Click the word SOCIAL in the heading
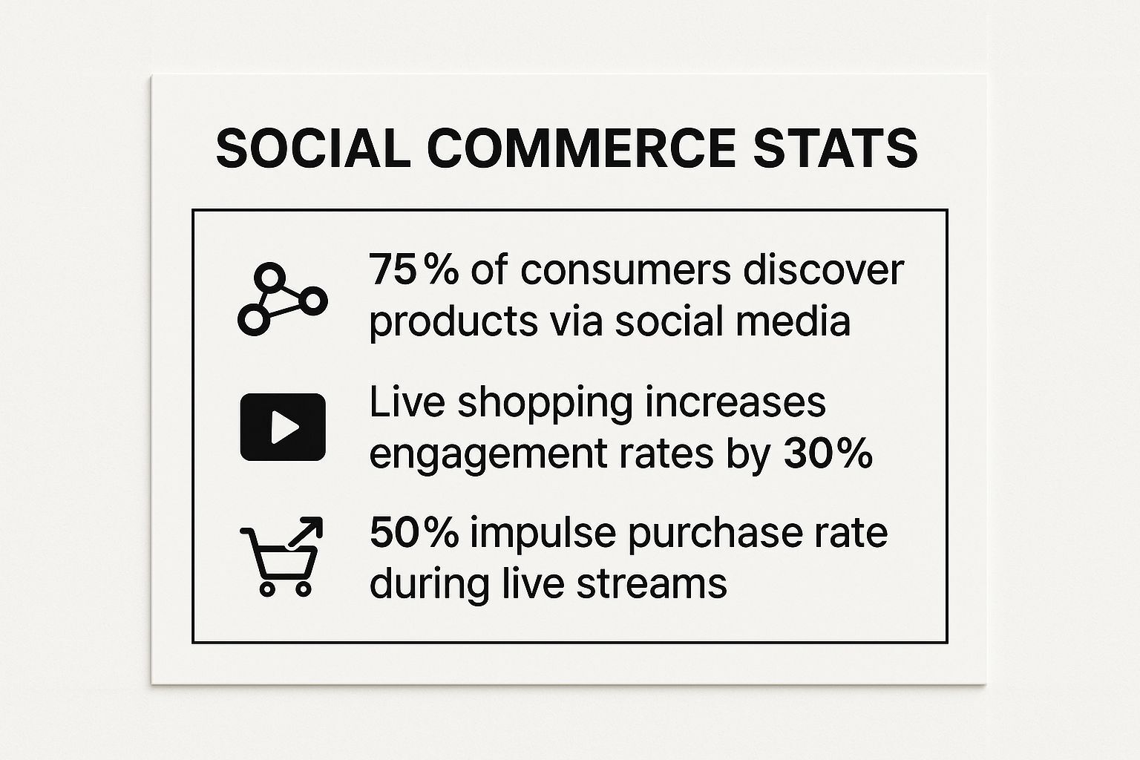click(x=312, y=148)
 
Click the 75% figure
click(x=413, y=270)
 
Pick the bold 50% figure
click(x=414, y=533)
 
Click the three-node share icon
click(x=283, y=299)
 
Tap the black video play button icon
click(x=283, y=427)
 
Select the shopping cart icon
click(x=279, y=562)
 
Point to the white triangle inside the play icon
click(x=284, y=427)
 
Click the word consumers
click(x=626, y=271)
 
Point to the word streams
click(x=652, y=585)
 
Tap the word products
click(x=453, y=324)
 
